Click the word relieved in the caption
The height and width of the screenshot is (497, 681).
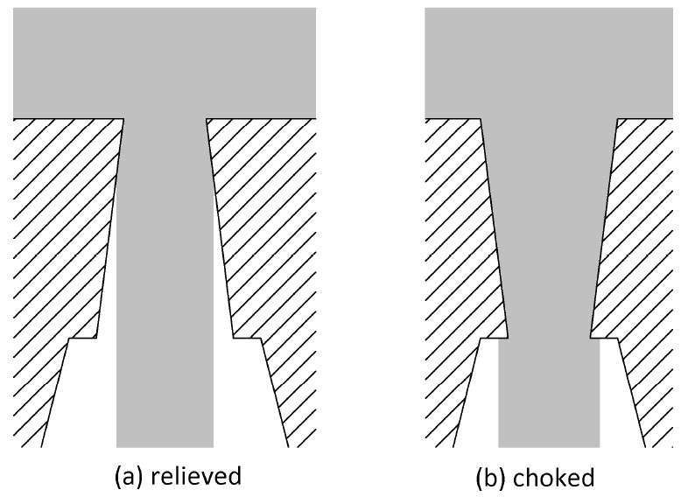(195, 475)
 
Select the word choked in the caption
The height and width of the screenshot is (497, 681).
(553, 477)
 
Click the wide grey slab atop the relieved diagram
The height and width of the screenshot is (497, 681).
(165, 63)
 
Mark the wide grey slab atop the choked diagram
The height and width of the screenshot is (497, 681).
(549, 63)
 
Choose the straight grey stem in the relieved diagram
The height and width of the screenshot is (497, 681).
(165, 282)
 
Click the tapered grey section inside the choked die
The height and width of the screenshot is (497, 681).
(549, 227)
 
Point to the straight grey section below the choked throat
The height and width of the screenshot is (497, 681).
(549, 393)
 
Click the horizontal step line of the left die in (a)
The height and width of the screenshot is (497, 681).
(82, 338)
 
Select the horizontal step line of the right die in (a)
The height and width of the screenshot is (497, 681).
(247, 338)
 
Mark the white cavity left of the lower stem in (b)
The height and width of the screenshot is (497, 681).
(480, 393)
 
